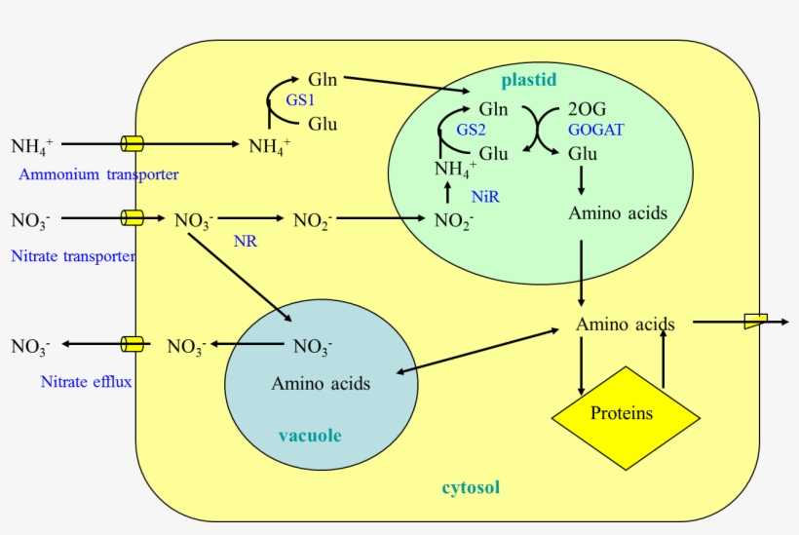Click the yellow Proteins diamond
point(626,413)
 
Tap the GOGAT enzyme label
point(596,129)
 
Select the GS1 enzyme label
point(300,100)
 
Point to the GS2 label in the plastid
point(471,130)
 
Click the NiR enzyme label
point(485,197)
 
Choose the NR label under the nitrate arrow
point(246,241)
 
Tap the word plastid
point(529,79)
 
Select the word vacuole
point(310,436)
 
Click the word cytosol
point(471,487)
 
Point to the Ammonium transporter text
point(98,174)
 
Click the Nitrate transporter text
point(73,256)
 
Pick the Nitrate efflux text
point(86,381)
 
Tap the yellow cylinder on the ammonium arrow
point(132,144)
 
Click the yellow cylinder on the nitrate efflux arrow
point(132,344)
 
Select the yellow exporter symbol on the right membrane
point(755,321)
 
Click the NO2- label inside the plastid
point(454,220)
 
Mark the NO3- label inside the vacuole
point(313,345)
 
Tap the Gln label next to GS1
point(323,79)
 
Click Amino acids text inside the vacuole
point(321,383)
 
